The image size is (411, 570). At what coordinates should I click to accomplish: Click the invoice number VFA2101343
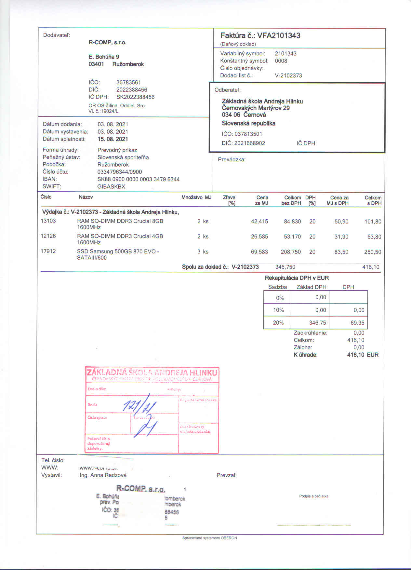279,35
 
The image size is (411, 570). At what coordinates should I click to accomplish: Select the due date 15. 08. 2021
113,139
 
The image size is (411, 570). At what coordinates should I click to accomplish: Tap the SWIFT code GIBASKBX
111,187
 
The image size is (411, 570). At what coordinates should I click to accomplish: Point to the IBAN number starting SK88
138,179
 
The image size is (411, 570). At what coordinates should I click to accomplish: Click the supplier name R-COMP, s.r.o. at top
107,43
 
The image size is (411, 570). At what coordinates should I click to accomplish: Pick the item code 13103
48,221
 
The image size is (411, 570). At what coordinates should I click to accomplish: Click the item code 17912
48,251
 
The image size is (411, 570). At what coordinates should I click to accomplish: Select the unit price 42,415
259,222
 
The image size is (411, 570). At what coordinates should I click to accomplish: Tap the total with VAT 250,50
373,252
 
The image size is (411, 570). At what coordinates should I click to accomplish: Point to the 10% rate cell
278,310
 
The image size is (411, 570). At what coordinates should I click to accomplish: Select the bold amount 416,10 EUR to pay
363,355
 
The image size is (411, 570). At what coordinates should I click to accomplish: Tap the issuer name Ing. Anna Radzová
103,475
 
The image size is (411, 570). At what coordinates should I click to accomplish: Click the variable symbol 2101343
285,54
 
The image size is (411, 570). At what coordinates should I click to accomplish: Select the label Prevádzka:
232,160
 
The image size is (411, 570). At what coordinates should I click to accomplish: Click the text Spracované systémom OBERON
209,538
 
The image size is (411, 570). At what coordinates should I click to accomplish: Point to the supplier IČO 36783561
128,83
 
